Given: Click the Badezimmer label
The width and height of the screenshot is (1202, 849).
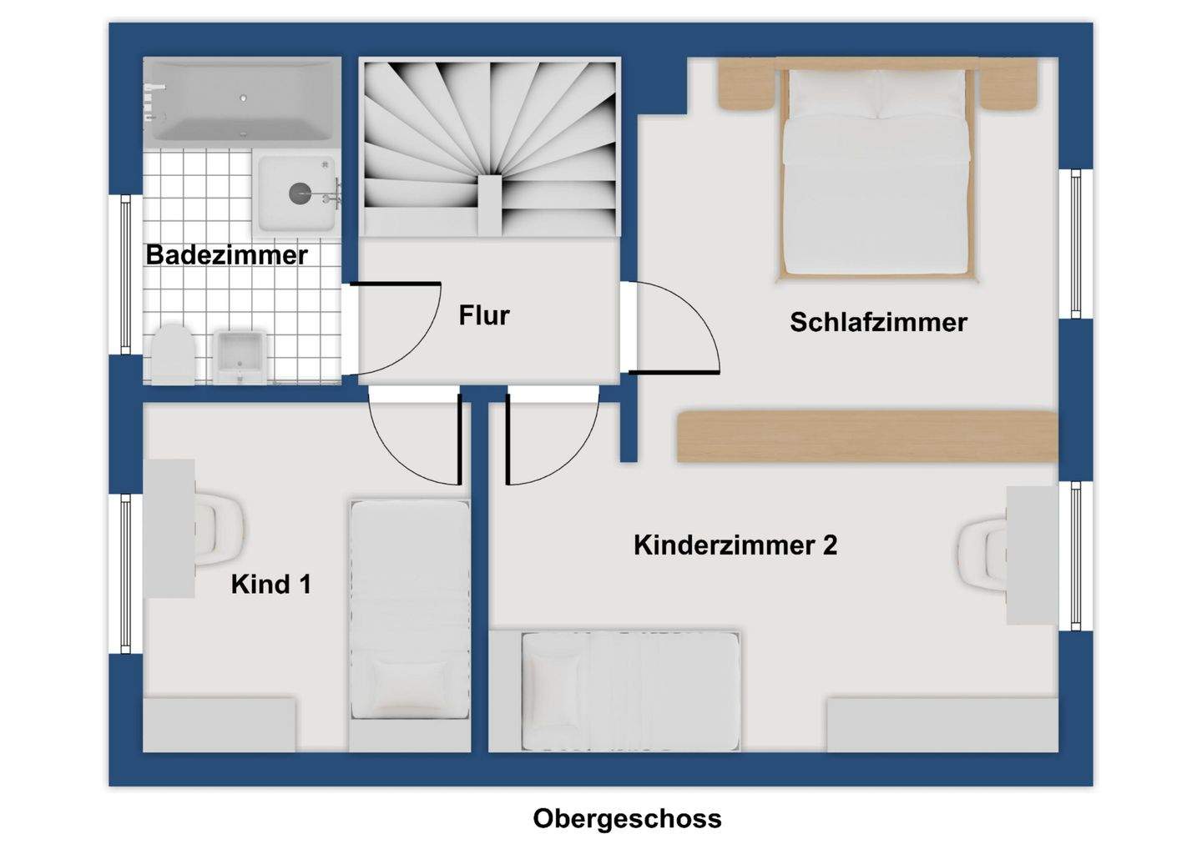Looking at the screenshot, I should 226,255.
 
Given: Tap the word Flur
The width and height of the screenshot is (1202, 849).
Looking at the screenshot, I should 483,315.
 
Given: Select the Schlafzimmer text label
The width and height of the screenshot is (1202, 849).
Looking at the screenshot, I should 878,322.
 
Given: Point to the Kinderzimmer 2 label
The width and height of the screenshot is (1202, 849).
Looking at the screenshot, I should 735,545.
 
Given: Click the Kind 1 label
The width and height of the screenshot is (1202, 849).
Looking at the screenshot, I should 270,584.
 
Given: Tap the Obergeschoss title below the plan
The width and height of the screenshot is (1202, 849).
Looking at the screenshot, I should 627,818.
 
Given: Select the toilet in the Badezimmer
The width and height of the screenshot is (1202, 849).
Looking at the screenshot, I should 173,354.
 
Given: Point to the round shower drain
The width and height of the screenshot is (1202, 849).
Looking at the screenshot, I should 300,193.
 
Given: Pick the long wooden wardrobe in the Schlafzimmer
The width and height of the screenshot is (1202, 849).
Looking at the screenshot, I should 866,435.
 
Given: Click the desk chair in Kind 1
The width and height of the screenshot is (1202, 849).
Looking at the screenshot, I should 220,528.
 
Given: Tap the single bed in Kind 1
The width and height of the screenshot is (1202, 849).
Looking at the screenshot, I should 409,609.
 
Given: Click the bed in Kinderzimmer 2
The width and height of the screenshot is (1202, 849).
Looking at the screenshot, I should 630,690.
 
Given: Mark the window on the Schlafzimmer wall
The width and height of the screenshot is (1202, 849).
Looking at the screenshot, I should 1075,244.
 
